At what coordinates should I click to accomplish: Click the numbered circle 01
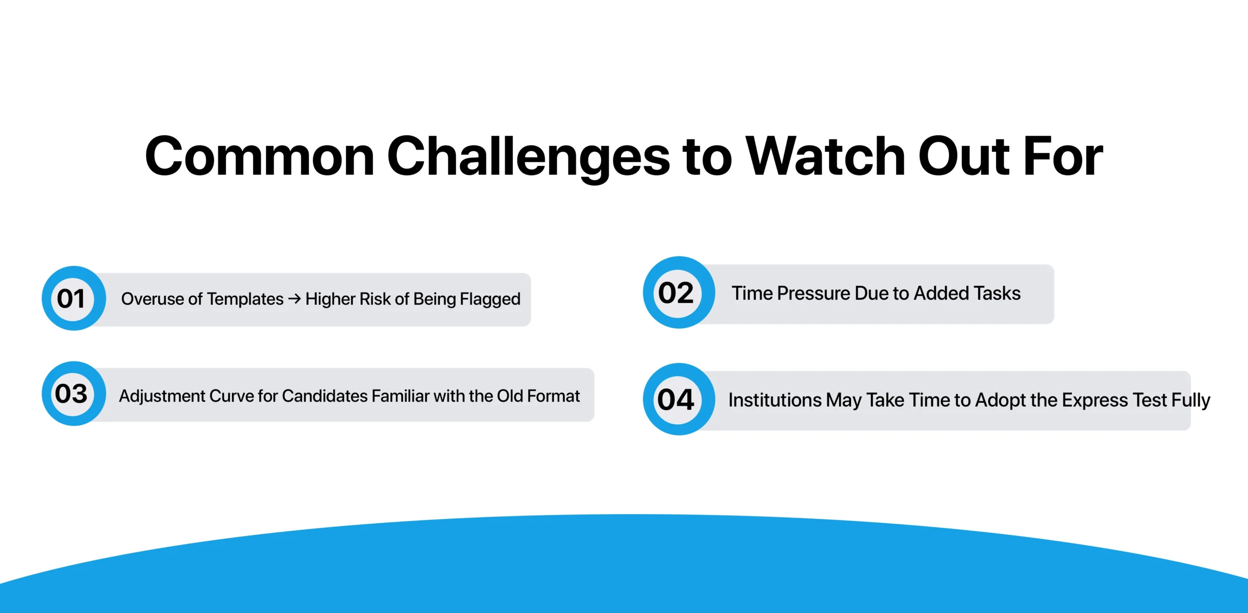73,298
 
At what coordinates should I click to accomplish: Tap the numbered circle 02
678,293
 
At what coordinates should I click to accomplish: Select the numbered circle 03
73,394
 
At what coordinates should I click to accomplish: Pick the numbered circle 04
678,399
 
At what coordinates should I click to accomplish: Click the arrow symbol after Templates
294,298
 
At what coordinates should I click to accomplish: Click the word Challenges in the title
528,157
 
